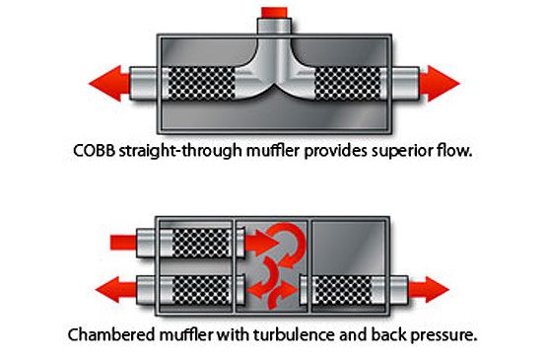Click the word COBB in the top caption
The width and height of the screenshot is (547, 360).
coord(95,151)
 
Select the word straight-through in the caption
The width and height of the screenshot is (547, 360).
coord(180,152)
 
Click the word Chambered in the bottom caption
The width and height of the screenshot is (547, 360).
coord(111,334)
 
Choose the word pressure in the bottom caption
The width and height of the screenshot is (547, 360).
coord(444,335)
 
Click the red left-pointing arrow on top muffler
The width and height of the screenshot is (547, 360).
coord(109,84)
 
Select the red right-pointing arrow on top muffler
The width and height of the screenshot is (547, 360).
coord(440,84)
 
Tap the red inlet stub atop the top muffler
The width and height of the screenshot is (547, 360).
coord(274,12)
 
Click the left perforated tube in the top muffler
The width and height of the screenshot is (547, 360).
coord(201,84)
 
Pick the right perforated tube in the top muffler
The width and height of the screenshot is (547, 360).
coord(348,84)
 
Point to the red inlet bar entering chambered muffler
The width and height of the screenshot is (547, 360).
coord(123,243)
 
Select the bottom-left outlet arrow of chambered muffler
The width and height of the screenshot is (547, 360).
coord(115,289)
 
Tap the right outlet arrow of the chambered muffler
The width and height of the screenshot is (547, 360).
coord(429,289)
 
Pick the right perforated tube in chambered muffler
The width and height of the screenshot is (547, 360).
coord(342,290)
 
